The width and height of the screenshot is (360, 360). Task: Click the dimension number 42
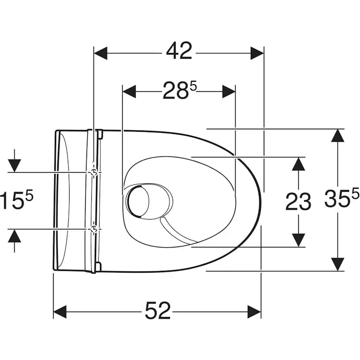[x=179, y=51]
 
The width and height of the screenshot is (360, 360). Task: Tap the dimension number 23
[x=298, y=202]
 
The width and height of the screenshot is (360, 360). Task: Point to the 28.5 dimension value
[x=180, y=90]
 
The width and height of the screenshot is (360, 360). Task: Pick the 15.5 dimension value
[x=17, y=199]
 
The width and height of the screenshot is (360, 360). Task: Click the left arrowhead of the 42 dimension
[x=100, y=53]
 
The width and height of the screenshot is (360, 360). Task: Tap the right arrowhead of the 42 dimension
[x=257, y=53]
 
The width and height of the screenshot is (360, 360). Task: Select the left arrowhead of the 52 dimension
[x=60, y=312]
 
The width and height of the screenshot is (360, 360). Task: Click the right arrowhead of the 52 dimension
[x=254, y=312]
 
